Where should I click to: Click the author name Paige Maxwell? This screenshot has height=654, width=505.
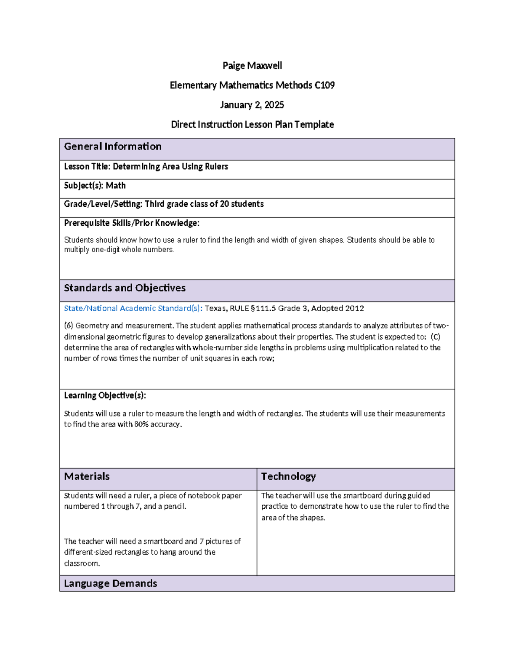[252, 66]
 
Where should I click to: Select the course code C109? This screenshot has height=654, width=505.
[324, 85]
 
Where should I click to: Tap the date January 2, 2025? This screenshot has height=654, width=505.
[252, 105]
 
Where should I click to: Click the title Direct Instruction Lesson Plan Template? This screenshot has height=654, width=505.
[252, 125]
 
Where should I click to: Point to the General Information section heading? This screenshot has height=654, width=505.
[112, 147]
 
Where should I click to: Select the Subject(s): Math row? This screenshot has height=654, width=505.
[95, 186]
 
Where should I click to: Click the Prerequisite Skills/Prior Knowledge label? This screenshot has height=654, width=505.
[131, 223]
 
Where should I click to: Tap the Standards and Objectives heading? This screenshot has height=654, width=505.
[125, 288]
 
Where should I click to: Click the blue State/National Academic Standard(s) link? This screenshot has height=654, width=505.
[133, 308]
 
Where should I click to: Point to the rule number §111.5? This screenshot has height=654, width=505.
[263, 308]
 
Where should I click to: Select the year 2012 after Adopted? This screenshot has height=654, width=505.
[354, 308]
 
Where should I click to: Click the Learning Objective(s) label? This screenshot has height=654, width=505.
[105, 395]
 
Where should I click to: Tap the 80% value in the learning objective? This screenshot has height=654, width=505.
[141, 424]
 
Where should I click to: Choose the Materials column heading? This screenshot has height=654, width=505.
[87, 476]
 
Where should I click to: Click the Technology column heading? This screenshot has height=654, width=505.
[288, 476]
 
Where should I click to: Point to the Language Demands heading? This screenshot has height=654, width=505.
[110, 583]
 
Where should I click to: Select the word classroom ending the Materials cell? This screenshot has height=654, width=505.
[82, 563]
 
